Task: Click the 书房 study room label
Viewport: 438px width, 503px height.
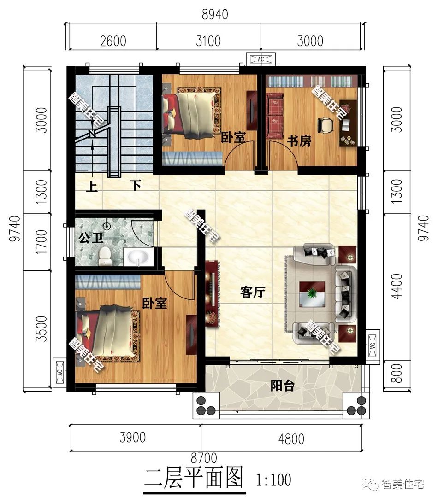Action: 299,141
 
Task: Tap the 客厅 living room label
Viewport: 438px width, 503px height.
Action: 253,292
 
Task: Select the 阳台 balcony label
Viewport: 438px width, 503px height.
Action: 282,385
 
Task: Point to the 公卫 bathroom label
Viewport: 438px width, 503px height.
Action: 91,238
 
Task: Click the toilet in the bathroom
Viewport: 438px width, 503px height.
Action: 105,256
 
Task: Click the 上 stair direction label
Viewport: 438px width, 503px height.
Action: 91,186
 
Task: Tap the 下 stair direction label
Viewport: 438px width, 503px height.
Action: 136,185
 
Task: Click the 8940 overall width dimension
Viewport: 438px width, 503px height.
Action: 215,14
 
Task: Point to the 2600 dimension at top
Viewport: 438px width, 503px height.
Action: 113,41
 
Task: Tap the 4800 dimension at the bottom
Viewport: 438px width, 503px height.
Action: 291,439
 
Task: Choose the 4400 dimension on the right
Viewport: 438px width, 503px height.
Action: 397,287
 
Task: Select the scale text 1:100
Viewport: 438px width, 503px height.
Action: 273,480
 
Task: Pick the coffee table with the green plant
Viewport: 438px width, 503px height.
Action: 312,294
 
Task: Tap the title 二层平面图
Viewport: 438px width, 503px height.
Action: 193,478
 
